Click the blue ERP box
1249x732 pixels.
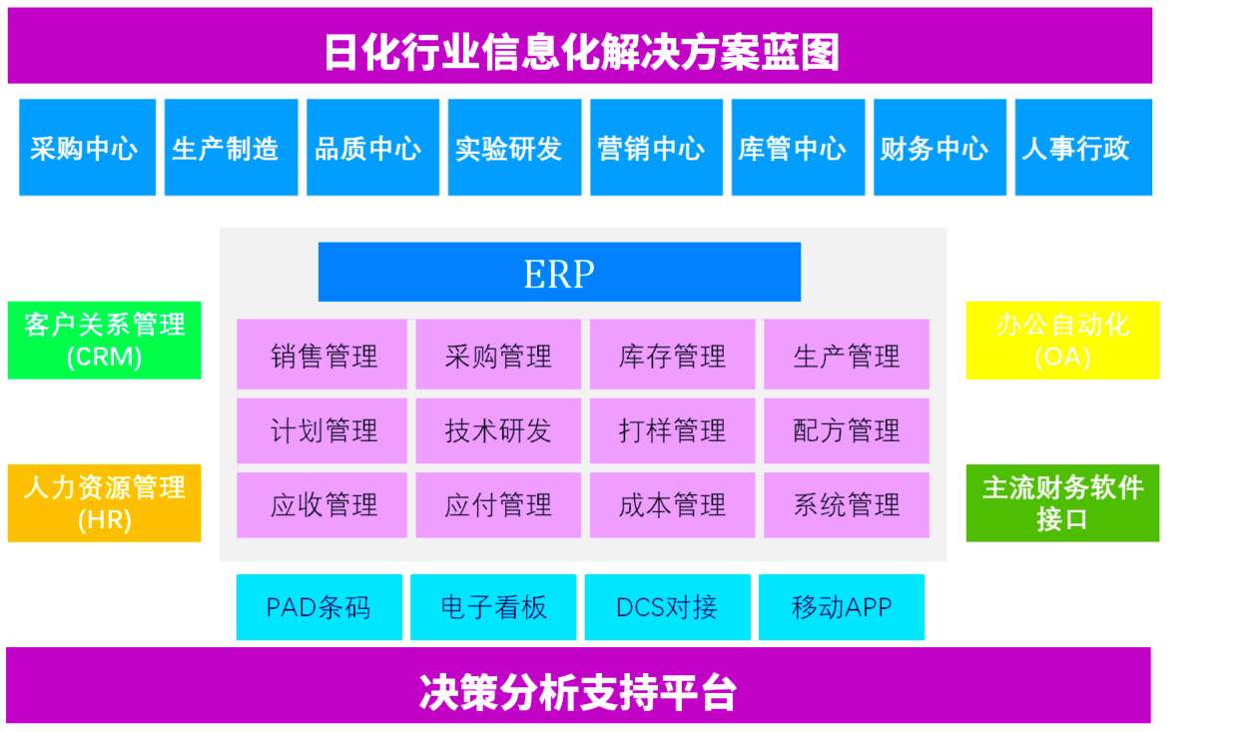click(559, 272)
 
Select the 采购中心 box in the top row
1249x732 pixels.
click(88, 147)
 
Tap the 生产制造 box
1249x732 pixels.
click(231, 147)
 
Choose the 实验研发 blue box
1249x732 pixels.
click(514, 147)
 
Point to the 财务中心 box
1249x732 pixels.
click(940, 147)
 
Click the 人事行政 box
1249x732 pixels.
click(1083, 147)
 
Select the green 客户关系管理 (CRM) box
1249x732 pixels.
click(104, 341)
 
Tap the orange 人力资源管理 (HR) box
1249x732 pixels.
click(104, 503)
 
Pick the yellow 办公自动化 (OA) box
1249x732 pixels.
click(1062, 341)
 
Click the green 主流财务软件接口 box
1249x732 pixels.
click(1062, 503)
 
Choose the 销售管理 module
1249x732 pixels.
click(322, 355)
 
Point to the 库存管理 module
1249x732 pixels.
click(673, 355)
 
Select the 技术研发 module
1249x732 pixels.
click(498, 430)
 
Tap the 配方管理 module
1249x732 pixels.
click(847, 430)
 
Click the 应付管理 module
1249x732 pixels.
click(498, 505)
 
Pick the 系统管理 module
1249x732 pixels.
click(847, 505)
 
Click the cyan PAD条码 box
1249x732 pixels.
click(318, 607)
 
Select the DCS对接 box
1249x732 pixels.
click(668, 607)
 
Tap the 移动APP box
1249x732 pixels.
click(842, 607)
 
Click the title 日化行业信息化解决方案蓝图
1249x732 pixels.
click(581, 53)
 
